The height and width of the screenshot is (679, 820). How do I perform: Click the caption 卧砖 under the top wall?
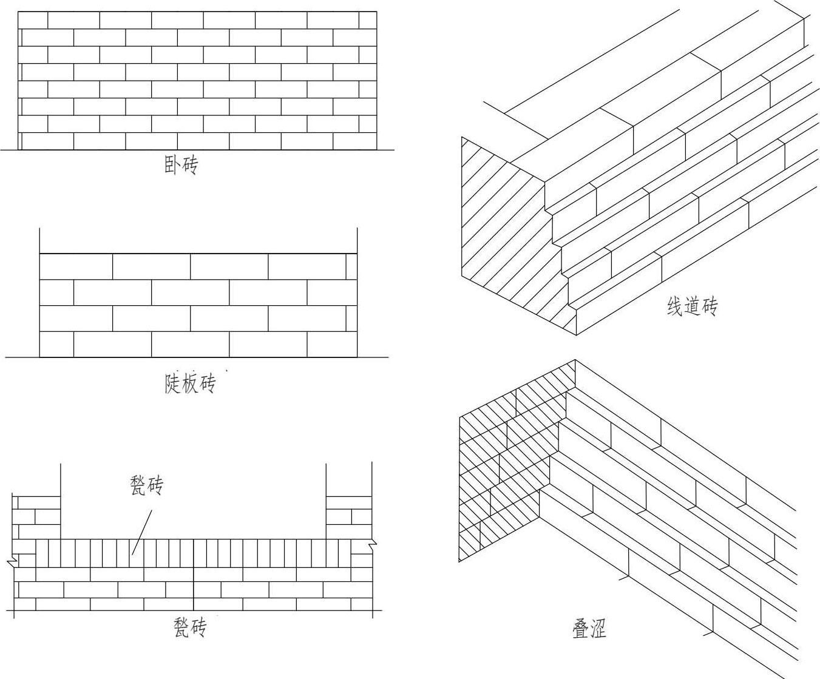181,165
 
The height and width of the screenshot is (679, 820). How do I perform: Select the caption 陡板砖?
190,383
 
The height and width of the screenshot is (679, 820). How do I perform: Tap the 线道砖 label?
692,307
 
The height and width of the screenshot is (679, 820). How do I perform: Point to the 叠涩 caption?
589,629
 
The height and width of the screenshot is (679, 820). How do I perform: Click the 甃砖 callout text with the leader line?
147,485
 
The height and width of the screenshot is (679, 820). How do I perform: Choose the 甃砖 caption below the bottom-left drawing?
190,626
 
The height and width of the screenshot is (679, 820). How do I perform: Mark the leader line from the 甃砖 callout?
142,532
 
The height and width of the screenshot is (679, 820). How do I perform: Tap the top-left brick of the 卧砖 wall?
33,20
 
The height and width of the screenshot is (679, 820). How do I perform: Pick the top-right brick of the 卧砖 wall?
368,20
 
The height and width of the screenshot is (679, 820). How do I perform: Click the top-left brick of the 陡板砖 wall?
76,266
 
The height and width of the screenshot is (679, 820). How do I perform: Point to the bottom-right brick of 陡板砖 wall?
332,344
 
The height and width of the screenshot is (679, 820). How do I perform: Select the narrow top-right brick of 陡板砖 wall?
351,266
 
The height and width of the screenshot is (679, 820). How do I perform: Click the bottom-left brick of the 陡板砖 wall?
56,344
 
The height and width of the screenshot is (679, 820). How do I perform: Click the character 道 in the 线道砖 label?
692,307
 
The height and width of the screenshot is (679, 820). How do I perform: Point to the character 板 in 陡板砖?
190,383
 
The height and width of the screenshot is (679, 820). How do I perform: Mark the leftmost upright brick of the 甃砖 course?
41,553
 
